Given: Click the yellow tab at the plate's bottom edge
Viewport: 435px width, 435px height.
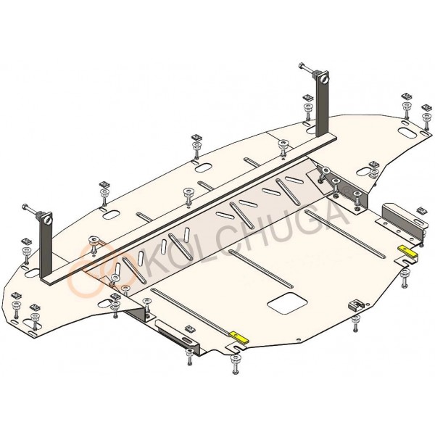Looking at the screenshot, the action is coord(239,338).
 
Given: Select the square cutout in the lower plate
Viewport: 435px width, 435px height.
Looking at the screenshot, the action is coord(287,303).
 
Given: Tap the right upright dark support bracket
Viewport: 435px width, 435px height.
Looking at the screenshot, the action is coord(323,104).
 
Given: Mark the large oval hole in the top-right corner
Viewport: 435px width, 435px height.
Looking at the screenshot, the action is coord(407,131).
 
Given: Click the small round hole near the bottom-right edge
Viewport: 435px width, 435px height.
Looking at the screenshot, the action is coord(298,339).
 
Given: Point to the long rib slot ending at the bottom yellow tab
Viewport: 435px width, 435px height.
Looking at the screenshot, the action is coord(191,311).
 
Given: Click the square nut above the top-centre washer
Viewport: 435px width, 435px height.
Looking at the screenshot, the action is coord(197,138).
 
